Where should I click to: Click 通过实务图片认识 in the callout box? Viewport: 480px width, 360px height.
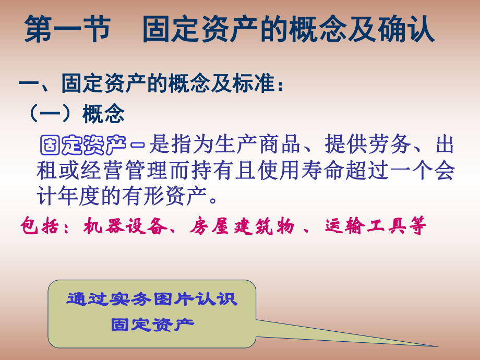[x=152, y=299]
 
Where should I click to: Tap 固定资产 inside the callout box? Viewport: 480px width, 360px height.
[x=152, y=325]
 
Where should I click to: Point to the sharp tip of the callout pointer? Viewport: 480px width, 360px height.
[x=437, y=345]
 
